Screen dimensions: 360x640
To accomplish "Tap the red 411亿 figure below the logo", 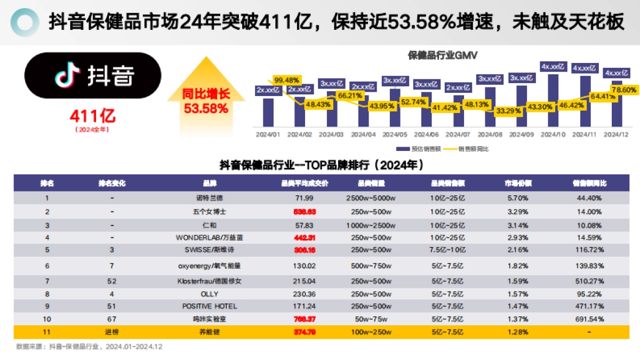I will [x=92, y=115].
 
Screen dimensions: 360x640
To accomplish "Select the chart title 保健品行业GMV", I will [x=442, y=55].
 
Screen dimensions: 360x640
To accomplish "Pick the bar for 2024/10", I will [x=553, y=99].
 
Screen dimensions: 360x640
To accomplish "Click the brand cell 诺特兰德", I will [x=210, y=198].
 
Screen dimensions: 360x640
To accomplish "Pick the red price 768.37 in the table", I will [x=305, y=319].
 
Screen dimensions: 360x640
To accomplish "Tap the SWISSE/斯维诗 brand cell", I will [x=210, y=250].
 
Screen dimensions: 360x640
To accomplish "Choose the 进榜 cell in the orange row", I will [x=112, y=332].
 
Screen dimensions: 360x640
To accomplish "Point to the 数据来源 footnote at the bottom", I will [x=88, y=347].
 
